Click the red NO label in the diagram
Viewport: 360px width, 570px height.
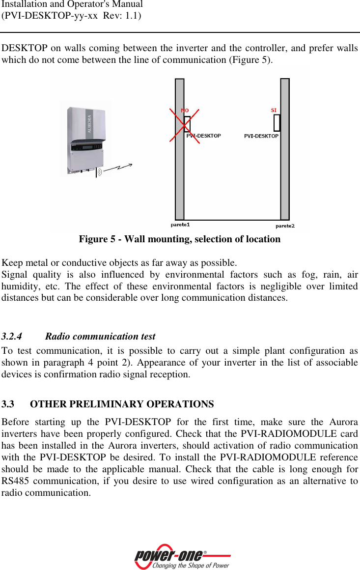point(185,111)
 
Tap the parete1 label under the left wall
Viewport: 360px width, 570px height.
point(180,225)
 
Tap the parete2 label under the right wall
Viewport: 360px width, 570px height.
point(285,226)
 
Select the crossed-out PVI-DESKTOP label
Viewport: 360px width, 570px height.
point(204,136)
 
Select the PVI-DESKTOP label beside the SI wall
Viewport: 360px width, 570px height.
point(261,136)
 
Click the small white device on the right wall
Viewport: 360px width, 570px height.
point(277,123)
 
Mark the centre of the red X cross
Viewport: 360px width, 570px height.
point(185,125)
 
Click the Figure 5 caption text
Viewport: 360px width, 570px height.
point(180,239)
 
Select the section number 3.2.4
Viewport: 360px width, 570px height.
point(12,337)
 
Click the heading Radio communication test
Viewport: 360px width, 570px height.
point(100,337)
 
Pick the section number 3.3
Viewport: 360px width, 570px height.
point(8,404)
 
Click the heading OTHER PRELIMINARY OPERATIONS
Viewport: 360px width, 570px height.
point(122,404)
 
